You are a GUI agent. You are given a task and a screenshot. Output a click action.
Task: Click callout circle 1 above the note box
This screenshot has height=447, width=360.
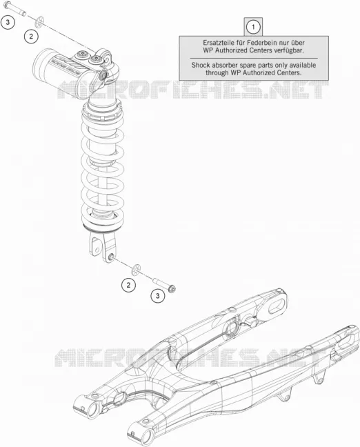point(253,27)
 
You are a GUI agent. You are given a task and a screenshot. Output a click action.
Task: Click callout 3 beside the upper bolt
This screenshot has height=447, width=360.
point(8,22)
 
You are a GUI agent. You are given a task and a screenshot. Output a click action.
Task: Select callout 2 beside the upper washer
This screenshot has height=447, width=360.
point(31,36)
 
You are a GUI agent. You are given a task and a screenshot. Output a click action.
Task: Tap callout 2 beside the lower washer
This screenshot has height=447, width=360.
point(128,285)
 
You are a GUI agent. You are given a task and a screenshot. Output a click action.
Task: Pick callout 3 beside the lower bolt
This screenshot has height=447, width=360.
point(158,296)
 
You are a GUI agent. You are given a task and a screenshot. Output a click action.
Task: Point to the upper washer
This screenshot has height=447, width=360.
point(40,21)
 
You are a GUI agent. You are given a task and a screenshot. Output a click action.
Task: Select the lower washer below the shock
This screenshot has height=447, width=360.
point(137,270)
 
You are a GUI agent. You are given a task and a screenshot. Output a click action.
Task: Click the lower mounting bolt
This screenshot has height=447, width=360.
point(164,284)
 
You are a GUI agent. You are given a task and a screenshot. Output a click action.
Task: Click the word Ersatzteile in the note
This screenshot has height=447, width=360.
point(217,43)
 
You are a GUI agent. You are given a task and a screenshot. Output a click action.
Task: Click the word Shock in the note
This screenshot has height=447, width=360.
point(201,65)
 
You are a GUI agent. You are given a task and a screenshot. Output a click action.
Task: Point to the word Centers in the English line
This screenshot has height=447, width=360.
point(290,72)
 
